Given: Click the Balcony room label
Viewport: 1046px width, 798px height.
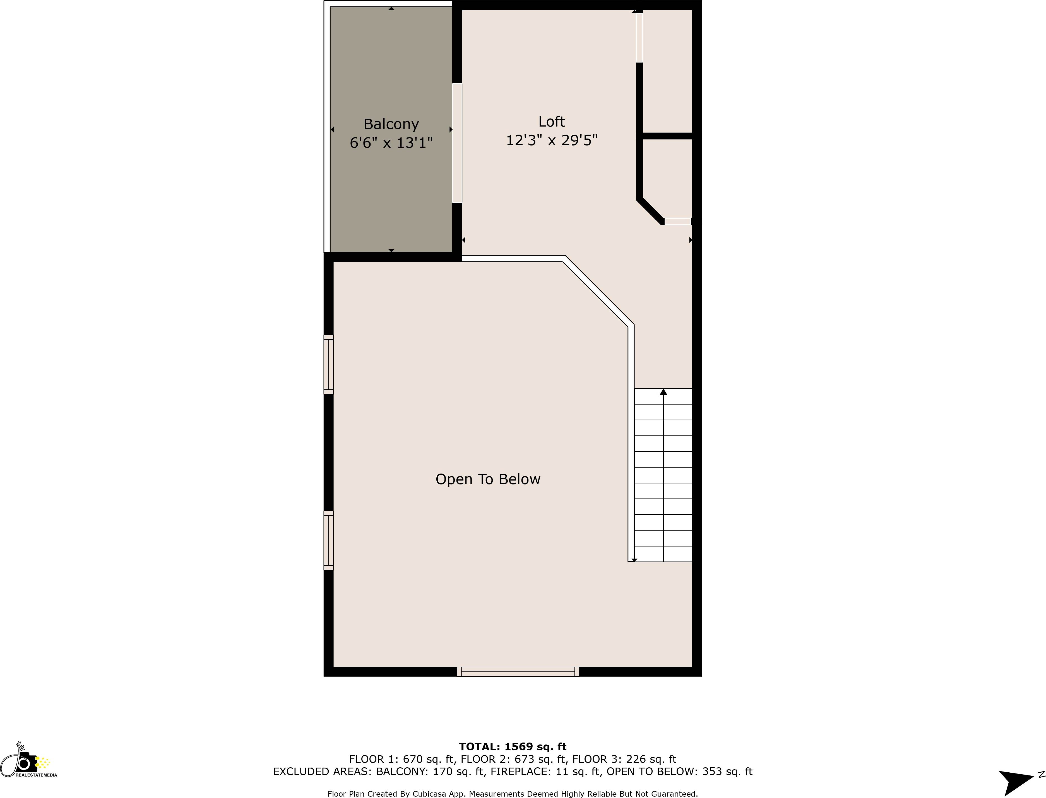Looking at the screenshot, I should coord(391,124).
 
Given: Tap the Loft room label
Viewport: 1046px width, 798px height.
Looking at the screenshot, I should coord(552,122).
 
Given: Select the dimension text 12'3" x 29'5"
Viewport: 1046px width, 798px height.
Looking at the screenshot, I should coord(552,140).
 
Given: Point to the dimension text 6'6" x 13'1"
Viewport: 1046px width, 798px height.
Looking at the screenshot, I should coord(391,142).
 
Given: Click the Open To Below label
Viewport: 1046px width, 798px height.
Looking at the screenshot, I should coord(488,479).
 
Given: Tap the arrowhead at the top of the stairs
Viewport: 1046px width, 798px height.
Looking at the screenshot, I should coord(663,392).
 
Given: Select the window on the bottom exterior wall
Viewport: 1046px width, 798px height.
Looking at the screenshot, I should coord(518,671).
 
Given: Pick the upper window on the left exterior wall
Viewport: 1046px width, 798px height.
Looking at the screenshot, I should coord(329,364).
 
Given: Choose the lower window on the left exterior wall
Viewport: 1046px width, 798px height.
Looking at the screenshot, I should coord(329,540).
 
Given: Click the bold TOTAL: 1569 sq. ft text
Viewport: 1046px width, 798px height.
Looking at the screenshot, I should coord(513,747).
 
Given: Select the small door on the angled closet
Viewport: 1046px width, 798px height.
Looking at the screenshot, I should coord(677,221).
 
